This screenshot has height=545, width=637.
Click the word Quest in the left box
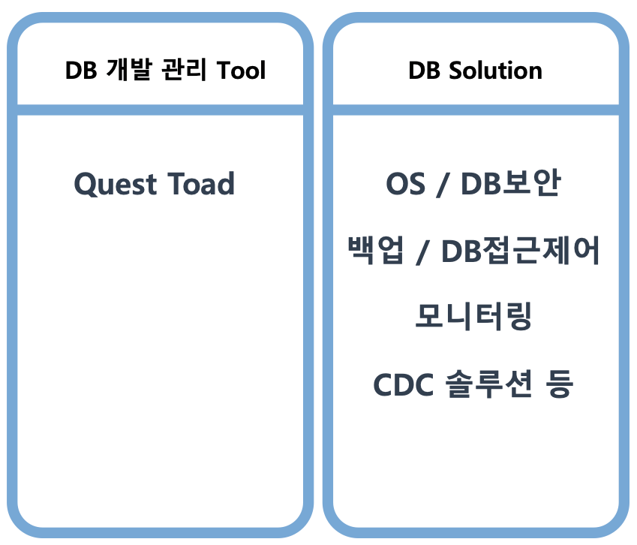115,184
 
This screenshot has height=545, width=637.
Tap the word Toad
201,183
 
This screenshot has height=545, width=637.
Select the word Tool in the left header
241,70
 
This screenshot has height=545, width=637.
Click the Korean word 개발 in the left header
129,70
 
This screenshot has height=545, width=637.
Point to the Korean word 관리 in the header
184,70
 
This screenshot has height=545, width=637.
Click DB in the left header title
81,70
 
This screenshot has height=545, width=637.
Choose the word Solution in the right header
495,70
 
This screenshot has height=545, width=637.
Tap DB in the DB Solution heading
424,70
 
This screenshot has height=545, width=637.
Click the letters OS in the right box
405,184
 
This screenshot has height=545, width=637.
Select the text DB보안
511,183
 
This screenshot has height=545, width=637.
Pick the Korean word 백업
376,250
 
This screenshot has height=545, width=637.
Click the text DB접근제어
521,250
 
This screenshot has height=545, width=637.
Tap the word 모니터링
473,316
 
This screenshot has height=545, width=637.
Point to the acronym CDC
404,384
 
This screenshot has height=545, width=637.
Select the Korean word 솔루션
488,384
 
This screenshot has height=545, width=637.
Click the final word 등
560,384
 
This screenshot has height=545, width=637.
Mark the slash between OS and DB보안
443,185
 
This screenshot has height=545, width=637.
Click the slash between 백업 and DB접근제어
423,251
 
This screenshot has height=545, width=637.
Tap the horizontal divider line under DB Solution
476,110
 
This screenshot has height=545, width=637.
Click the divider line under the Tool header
160,110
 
